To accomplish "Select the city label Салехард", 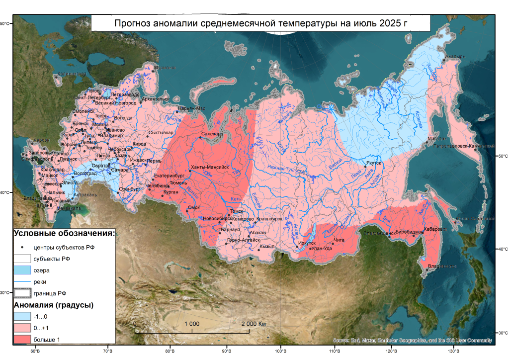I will coord(213,134).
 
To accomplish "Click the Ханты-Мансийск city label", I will coord(209,168).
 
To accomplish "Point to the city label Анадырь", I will coord(454,57).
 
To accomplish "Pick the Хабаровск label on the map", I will coord(435,229).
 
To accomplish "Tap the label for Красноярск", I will coord(269,219).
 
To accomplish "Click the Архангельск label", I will coord(156,99).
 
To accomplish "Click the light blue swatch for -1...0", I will coord(22,316).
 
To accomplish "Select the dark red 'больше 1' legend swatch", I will coord(22,340).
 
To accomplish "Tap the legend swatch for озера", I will coord(22,270).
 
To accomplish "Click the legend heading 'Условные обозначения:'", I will coord(64,233).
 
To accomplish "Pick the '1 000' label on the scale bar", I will coord(192,324).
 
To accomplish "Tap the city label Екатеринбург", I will coord(170,176).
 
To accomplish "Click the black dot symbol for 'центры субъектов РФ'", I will coord(22,247).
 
